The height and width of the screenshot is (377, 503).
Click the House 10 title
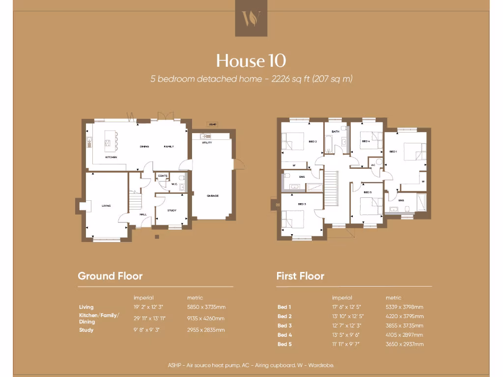pyautogui.click(x=251, y=61)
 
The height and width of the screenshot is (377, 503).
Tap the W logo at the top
pyautogui.click(x=251, y=18)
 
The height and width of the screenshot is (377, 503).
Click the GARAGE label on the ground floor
pyautogui.click(x=212, y=196)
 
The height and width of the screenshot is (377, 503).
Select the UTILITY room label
pyautogui.click(x=207, y=142)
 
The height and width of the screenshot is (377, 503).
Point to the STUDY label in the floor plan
pyautogui.click(x=171, y=211)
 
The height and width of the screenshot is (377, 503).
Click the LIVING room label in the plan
pyautogui.click(x=106, y=206)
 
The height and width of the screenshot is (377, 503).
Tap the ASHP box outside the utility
pyautogui.click(x=212, y=125)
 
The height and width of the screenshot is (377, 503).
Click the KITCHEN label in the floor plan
pyautogui.click(x=111, y=157)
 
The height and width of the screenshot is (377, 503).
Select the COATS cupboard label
pyautogui.click(x=163, y=176)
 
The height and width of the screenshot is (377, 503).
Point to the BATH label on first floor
pyautogui.click(x=335, y=132)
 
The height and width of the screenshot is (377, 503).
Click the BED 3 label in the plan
pyautogui.click(x=302, y=204)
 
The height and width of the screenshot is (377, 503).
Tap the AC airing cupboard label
pyautogui.click(x=373, y=165)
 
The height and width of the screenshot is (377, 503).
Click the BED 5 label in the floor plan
pyautogui.click(x=368, y=192)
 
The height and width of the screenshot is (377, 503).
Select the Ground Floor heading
pyautogui.click(x=110, y=276)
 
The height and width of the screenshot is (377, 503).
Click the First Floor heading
pyautogui.click(x=300, y=276)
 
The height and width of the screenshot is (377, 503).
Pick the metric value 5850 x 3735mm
pyautogui.click(x=206, y=307)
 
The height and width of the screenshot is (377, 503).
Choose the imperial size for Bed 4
pyautogui.click(x=346, y=335)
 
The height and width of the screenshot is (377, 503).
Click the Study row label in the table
pyautogui.click(x=86, y=330)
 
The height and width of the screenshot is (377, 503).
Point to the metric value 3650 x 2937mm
pyautogui.click(x=405, y=344)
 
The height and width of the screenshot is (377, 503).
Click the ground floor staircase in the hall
pyautogui.click(x=135, y=201)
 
